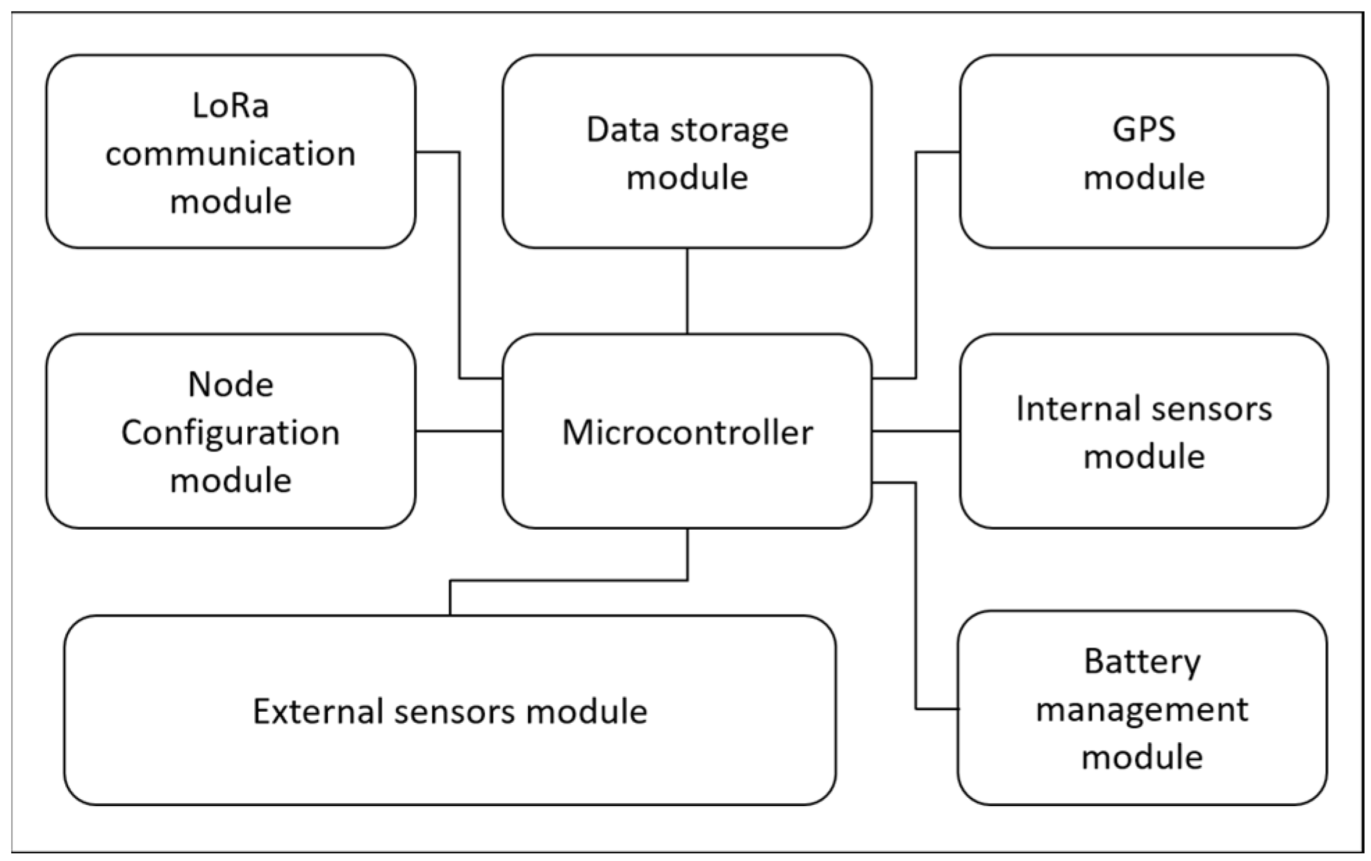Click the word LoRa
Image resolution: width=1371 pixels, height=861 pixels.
click(x=230, y=106)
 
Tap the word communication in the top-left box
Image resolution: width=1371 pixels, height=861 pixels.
click(x=230, y=154)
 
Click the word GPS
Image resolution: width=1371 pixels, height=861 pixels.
click(x=1143, y=130)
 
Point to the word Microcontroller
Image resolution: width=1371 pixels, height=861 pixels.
click(x=687, y=433)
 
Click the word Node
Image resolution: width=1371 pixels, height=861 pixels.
click(x=231, y=385)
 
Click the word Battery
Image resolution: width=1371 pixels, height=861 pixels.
click(x=1142, y=662)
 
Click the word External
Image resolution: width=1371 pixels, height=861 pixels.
click(x=317, y=712)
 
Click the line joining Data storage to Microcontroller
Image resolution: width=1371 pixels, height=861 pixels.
click(x=687, y=292)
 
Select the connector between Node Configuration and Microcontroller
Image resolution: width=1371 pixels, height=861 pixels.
click(x=458, y=431)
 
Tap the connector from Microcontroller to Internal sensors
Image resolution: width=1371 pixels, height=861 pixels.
click(x=915, y=431)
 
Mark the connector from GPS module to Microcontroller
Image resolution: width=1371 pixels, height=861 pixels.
click(x=916, y=264)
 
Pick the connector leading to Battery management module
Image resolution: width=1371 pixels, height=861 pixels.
click(x=916, y=597)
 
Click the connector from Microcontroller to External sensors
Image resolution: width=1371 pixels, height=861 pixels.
click(x=570, y=580)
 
